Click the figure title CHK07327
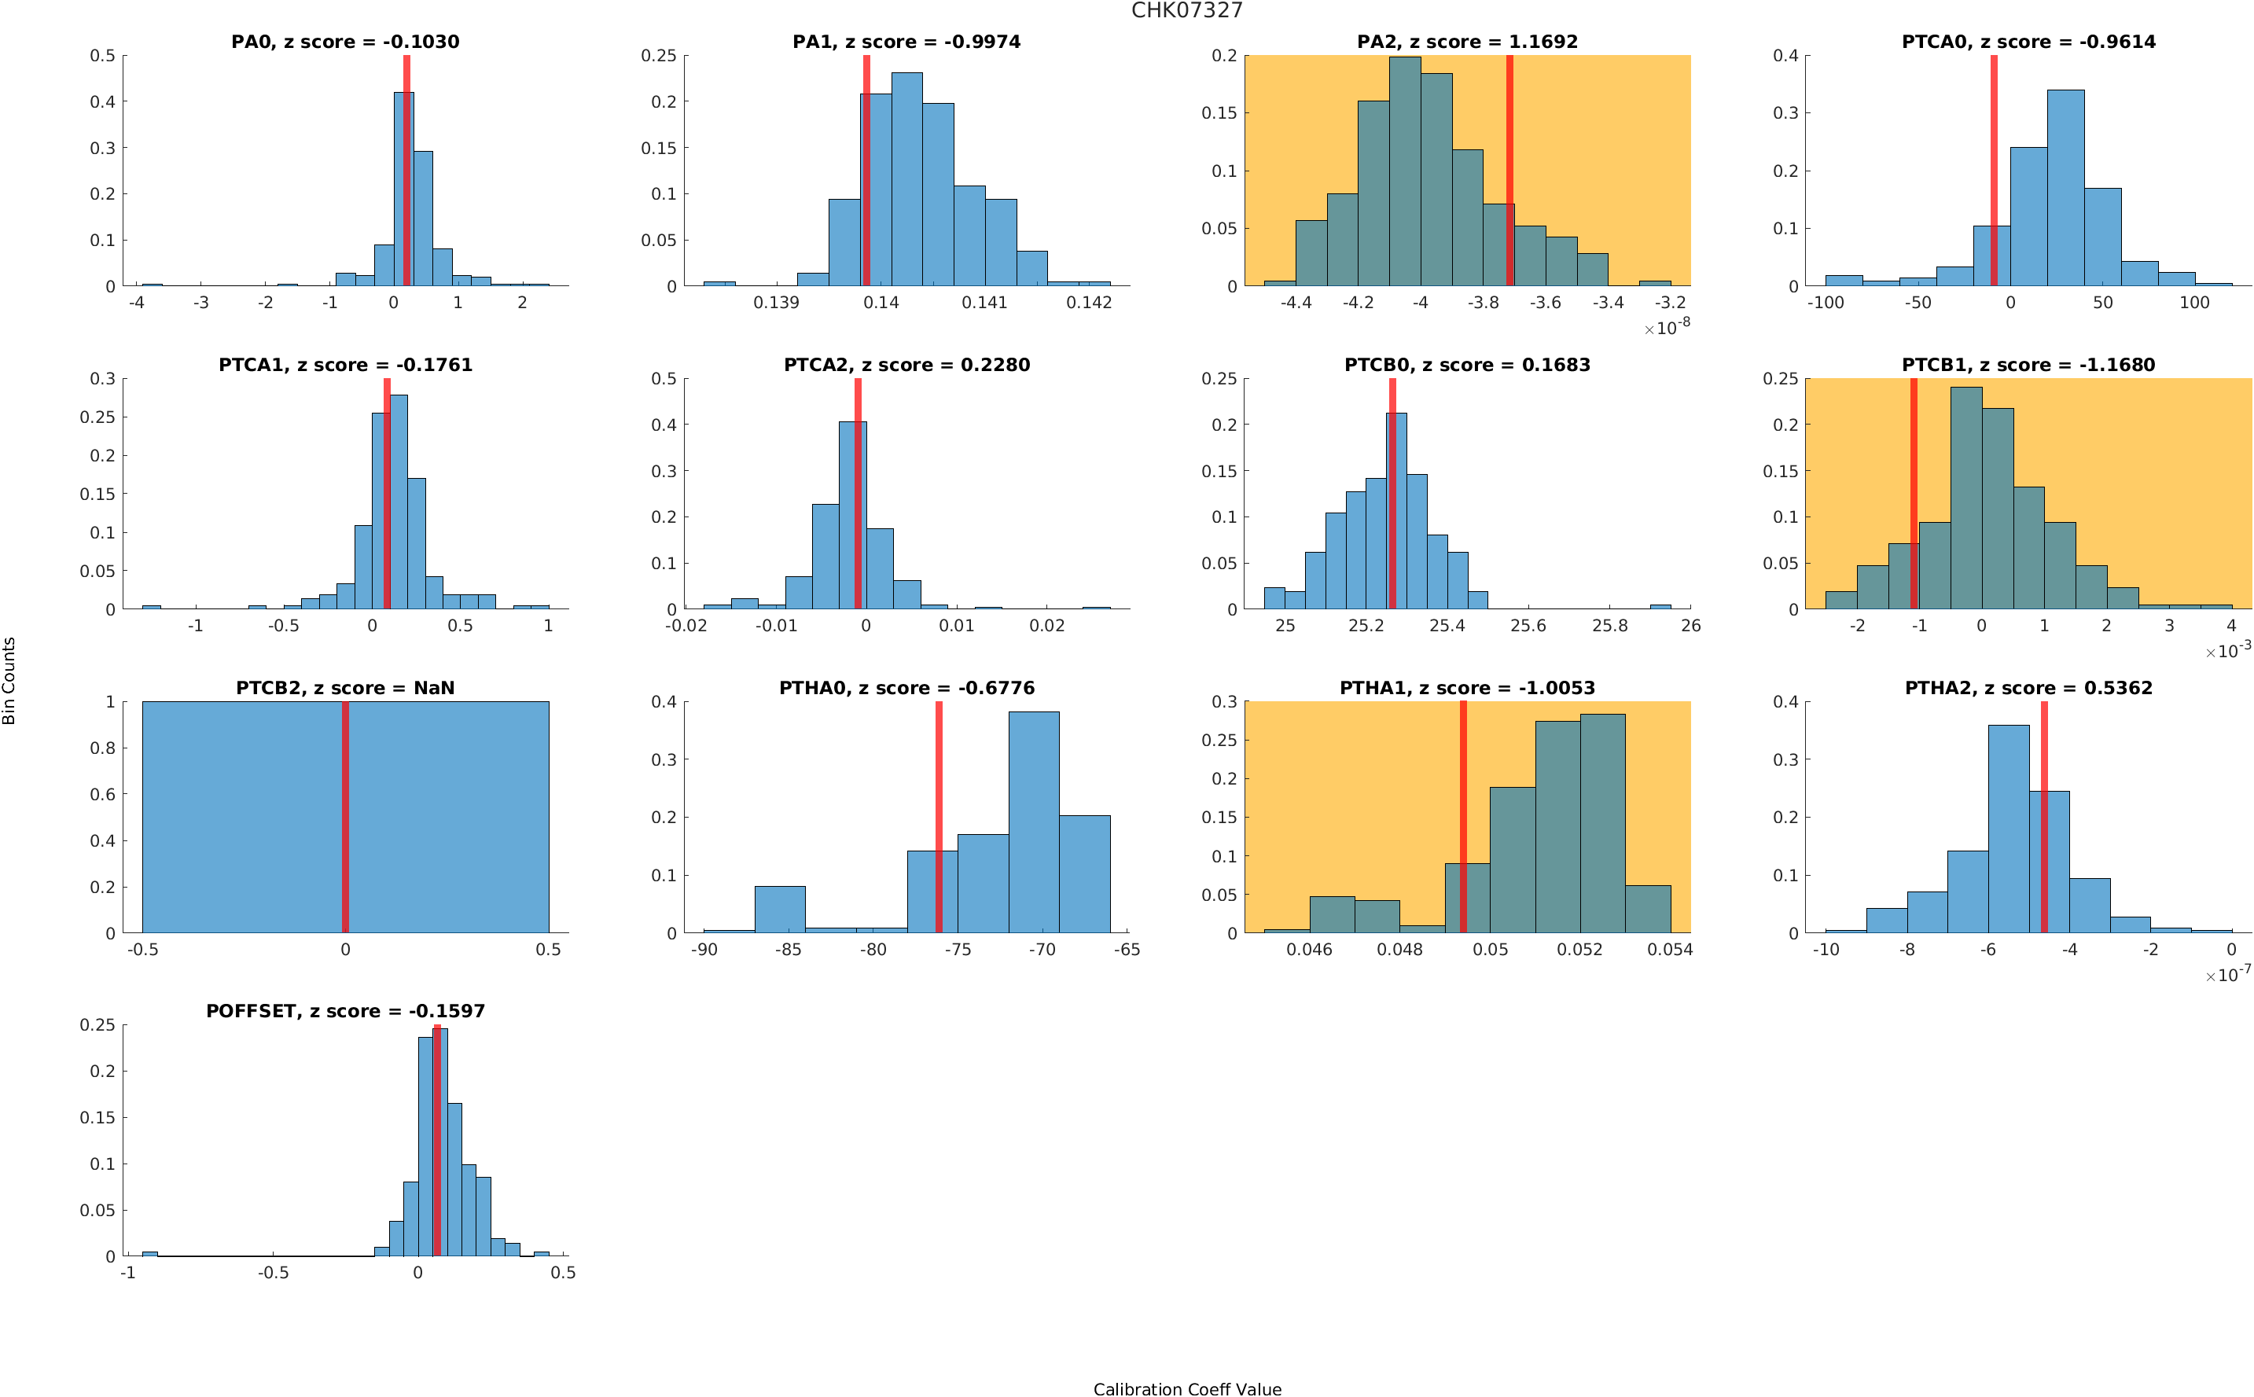pos(1187,10)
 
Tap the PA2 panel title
pos(1467,42)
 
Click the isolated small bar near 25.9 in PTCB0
pos(1660,606)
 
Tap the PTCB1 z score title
pos(2028,365)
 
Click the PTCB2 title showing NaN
pos(344,689)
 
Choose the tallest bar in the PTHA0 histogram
pos(1034,822)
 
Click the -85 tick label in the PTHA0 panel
pos(788,950)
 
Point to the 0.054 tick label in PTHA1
pos(1669,950)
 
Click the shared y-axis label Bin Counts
pos(9,680)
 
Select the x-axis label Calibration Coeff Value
pos(1187,1388)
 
